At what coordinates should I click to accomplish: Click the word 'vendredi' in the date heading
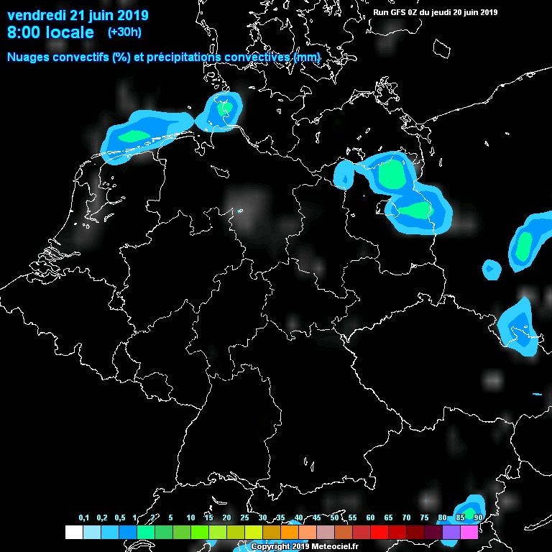36,15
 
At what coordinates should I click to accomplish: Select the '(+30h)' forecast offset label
124,32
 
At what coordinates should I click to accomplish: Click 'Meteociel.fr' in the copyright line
331,546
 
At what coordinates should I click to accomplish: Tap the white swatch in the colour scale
73,533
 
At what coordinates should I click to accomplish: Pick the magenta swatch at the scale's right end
469,533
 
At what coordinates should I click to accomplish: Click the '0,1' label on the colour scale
83,517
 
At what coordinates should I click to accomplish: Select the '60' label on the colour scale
370,517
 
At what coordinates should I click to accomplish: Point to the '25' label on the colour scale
244,517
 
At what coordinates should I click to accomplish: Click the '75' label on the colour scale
424,517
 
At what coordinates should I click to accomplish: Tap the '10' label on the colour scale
190,517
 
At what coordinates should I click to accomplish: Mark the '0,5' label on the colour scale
119,517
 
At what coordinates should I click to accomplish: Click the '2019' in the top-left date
129,15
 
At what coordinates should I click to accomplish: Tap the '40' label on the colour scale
298,517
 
